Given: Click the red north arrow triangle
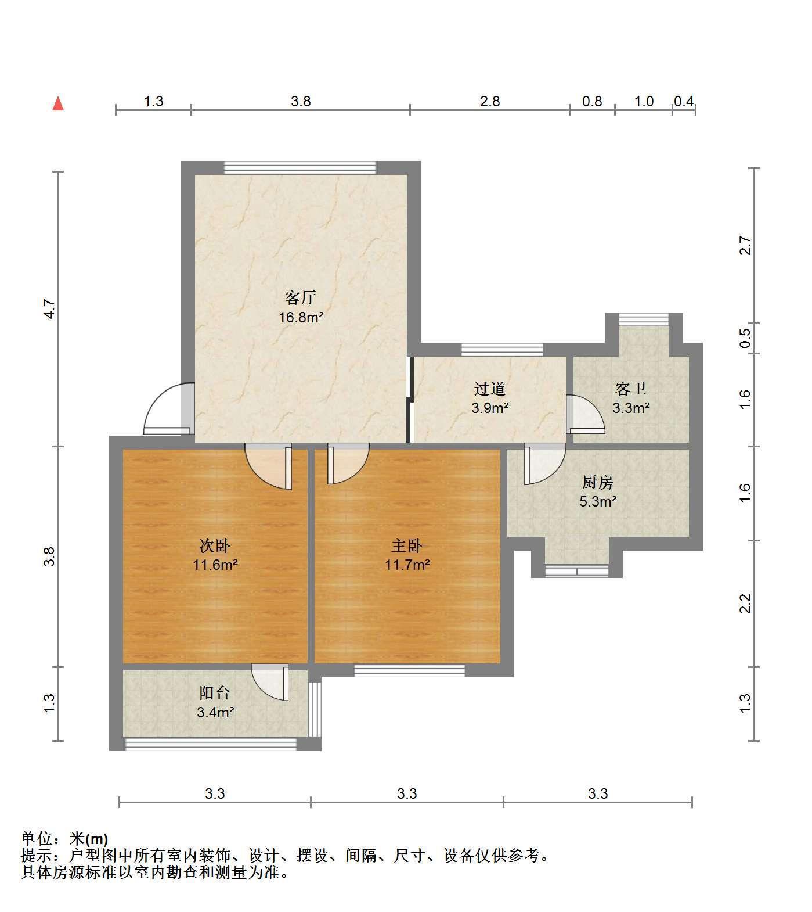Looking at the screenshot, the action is [58, 104].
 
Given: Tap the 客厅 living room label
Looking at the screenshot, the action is [300, 298].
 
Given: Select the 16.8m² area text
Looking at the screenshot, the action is [301, 318].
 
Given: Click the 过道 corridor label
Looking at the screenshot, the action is [490, 389].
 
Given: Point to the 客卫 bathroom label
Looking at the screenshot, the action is [630, 389].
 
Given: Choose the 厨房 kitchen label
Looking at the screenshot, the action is [597, 482].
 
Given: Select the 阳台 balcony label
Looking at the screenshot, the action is [215, 692].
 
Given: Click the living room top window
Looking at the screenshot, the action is [300, 168].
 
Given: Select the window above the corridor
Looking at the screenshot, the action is [503, 349].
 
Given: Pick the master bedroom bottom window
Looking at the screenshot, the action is [410, 670].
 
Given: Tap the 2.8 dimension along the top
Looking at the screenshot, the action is [490, 102].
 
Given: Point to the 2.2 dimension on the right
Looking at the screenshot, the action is [746, 603].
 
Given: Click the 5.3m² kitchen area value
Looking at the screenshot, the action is [598, 501].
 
